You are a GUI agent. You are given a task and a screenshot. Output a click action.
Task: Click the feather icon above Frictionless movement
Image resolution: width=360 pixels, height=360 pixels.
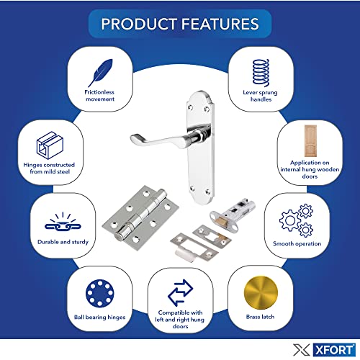click(101, 73)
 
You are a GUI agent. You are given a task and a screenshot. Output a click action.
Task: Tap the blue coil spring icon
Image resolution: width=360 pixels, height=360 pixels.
click(261, 73)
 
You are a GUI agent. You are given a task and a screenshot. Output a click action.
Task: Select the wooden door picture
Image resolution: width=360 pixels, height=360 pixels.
click(310, 140)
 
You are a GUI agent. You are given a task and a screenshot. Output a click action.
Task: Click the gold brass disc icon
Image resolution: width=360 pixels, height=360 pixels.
click(261, 293)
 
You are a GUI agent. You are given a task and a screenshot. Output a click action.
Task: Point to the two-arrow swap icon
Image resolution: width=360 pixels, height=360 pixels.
click(180, 292)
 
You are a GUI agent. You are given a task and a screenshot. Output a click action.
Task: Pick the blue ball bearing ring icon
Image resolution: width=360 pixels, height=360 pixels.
click(100, 293)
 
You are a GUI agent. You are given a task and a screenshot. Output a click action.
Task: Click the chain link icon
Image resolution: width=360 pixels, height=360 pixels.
click(63, 222)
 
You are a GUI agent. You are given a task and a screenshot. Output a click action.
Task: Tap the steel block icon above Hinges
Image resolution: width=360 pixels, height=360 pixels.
click(50, 145)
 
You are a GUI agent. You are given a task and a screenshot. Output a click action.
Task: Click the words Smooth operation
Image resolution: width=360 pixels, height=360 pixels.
click(297, 243)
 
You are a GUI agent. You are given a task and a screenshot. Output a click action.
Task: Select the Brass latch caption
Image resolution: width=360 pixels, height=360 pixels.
click(260, 317)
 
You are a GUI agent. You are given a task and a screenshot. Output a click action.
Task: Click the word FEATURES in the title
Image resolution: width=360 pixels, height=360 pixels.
click(220, 24)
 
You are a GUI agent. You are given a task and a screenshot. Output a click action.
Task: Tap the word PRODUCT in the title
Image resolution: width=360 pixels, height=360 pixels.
click(139, 24)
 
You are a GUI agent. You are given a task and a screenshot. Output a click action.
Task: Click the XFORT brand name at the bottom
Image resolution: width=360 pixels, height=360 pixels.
click(334, 350)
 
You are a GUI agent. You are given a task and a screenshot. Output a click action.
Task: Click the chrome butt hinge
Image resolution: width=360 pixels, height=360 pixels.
click(140, 217)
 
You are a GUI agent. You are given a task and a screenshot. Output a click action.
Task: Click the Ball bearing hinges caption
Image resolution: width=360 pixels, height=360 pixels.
click(100, 318)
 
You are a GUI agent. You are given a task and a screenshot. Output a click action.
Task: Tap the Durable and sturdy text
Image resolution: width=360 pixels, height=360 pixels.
click(63, 242)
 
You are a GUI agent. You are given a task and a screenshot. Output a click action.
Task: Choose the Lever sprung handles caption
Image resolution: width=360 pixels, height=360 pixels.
click(261, 96)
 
